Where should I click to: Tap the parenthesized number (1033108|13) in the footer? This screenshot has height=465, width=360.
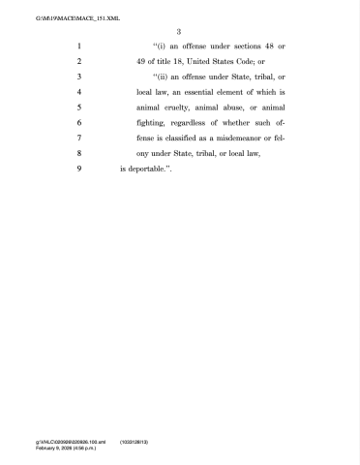[135, 441]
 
